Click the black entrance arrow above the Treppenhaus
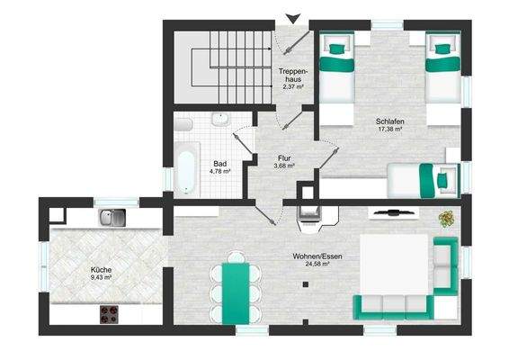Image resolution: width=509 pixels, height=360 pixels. (290, 15)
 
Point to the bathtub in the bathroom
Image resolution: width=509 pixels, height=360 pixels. (186, 168)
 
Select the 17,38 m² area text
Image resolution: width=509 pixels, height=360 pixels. (388, 129)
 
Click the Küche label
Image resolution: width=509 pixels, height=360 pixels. (101, 268)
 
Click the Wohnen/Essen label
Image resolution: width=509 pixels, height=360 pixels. (310, 256)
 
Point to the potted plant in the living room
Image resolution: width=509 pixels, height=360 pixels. (445, 219)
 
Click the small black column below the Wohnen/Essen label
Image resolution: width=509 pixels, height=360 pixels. (305, 286)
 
